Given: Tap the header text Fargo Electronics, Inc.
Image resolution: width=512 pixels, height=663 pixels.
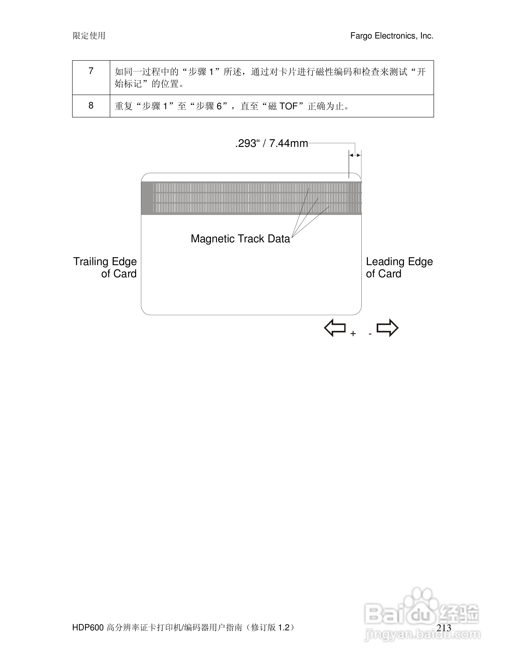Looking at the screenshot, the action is tap(392, 36).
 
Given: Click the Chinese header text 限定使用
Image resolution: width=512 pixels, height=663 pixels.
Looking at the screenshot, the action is tap(89, 36).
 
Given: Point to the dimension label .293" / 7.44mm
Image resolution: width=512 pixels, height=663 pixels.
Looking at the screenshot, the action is tap(271, 143).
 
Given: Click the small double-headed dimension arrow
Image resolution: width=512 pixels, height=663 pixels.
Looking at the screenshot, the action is tap(355, 155).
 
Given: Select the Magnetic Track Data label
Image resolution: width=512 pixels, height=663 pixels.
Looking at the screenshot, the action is tap(240, 239).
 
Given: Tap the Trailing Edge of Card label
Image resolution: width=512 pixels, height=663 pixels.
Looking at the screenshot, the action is tap(105, 267).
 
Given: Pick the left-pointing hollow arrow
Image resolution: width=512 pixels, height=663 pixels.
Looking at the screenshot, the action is tap(335, 328).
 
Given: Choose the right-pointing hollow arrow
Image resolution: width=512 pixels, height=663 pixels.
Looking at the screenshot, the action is tap(387, 328).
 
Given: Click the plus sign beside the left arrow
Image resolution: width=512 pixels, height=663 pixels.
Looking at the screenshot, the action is tap(353, 334).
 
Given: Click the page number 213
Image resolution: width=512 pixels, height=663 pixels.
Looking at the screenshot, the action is tap(444, 628).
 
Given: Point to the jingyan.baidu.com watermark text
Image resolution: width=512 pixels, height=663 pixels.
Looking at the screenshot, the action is tap(422, 635).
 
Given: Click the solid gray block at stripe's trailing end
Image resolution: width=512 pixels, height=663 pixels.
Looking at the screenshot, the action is tap(147, 198).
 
